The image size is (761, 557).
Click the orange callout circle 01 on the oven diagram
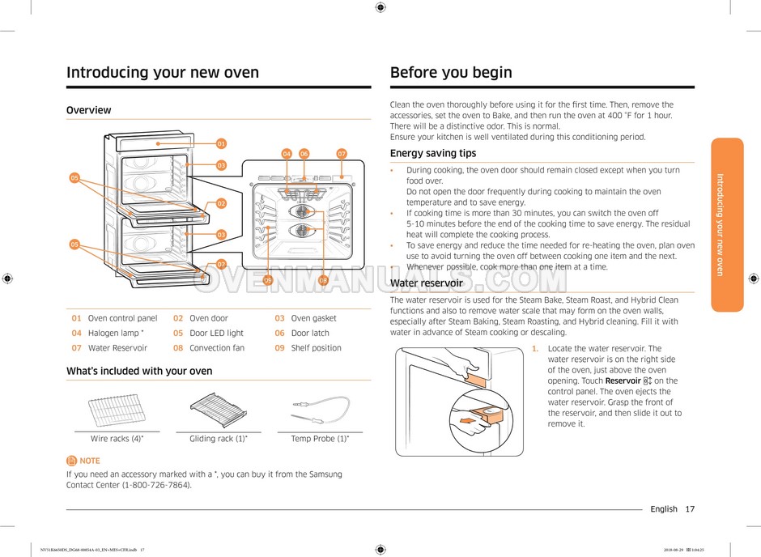221,144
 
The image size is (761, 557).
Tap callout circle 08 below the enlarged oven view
323,280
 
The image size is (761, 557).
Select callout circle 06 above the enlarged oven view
304,154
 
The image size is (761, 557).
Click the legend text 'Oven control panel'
122,318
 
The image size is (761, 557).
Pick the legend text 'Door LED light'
216,333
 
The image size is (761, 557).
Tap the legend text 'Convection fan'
216,348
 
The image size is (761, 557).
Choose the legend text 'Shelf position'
316,348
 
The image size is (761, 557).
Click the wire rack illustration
117,409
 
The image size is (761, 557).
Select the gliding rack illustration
218,409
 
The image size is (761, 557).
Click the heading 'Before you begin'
451,73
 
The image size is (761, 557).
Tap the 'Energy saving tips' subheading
433,153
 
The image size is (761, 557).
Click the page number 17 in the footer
689,509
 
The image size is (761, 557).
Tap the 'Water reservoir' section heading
426,283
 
